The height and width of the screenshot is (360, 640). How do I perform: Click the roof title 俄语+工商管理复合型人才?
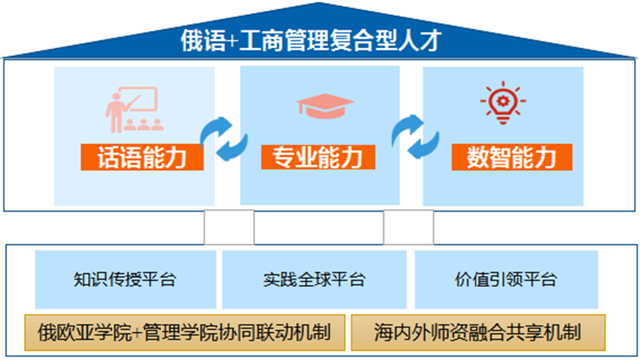(311, 40)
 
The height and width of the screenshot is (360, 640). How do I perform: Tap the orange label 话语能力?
(142, 157)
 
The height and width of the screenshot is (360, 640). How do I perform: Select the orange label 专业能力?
(318, 157)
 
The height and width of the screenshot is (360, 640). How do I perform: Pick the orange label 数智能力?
(511, 157)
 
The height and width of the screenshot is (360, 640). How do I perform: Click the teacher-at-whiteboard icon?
(134, 109)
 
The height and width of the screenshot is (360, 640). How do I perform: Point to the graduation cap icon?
(325, 106)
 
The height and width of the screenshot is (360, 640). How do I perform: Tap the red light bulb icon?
(503, 103)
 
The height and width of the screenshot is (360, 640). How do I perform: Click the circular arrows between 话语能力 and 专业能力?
(223, 139)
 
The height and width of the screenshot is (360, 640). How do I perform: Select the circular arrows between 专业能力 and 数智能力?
(415, 136)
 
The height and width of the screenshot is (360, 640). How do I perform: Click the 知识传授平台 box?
(125, 279)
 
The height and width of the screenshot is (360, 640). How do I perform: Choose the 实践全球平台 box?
(314, 279)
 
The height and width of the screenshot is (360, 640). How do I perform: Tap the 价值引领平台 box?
(506, 279)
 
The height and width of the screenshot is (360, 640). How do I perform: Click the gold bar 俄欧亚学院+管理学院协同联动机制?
(185, 332)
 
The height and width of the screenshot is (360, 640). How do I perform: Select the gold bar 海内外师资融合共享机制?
(478, 332)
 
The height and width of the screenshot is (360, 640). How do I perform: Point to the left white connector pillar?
(229, 227)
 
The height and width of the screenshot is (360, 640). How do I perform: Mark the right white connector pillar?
(408, 227)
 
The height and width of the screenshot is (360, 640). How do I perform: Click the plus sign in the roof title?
(233, 41)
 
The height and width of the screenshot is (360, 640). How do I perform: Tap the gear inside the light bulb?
(503, 101)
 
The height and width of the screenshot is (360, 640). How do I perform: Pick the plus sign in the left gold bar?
(137, 333)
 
